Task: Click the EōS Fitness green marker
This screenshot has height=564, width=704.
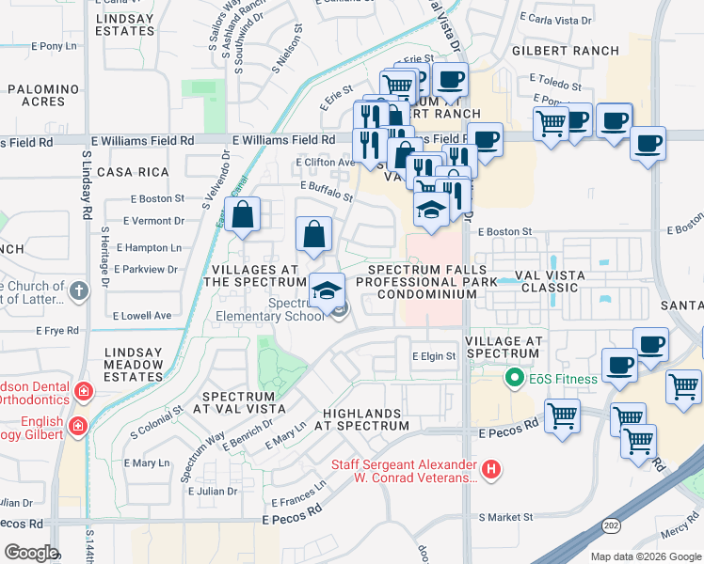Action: click(x=514, y=379)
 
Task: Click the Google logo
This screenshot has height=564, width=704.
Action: click(x=31, y=553)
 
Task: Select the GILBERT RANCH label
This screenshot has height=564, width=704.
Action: click(x=566, y=51)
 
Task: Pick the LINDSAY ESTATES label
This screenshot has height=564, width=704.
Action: click(x=123, y=23)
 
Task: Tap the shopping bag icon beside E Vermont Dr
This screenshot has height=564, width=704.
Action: click(x=242, y=214)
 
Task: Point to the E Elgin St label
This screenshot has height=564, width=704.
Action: click(x=434, y=356)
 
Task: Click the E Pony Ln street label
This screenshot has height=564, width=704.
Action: click(x=54, y=45)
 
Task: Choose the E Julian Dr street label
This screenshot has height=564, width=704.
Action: click(x=213, y=491)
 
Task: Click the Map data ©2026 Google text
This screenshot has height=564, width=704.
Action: click(x=645, y=556)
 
